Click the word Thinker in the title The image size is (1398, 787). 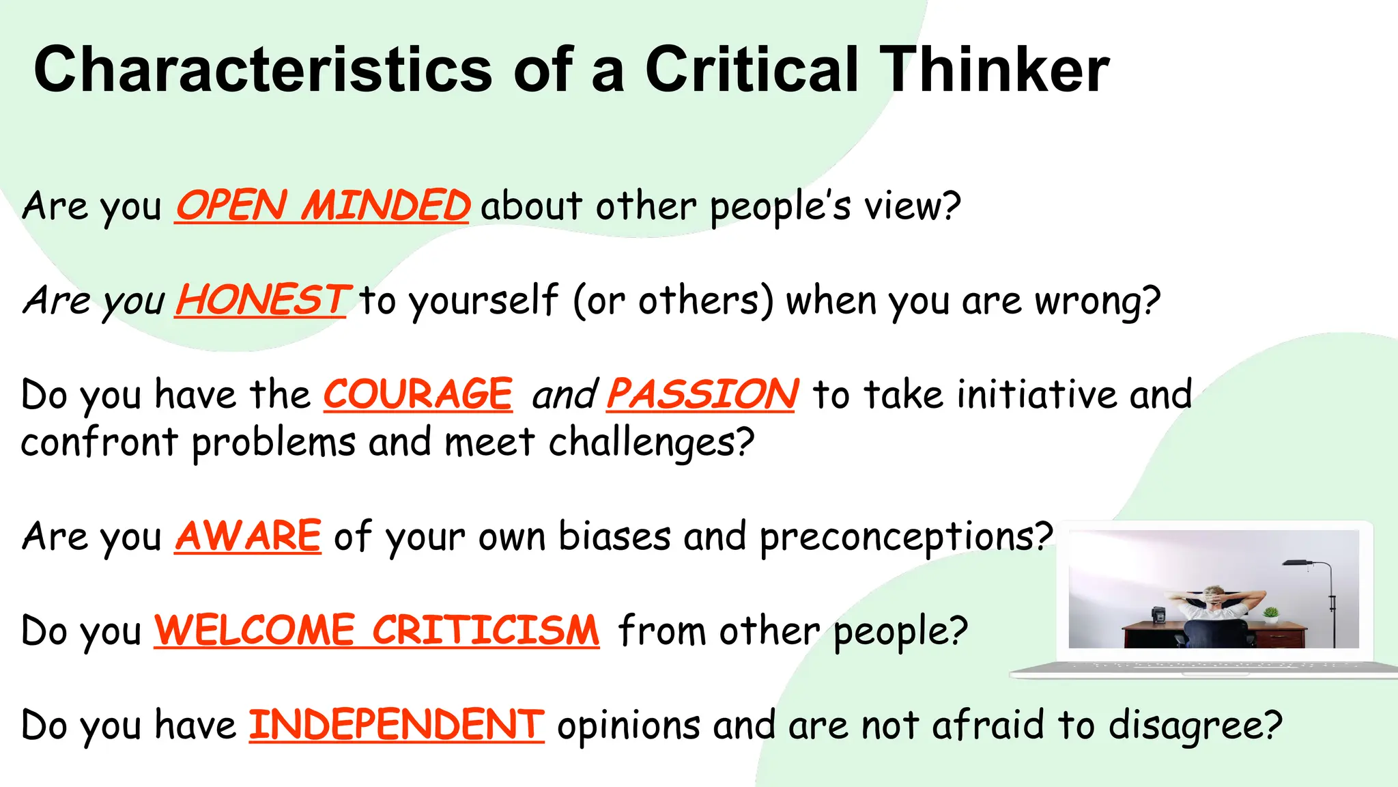[x=994, y=70]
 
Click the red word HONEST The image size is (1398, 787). [x=263, y=300]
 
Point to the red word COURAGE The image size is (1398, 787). [x=418, y=394]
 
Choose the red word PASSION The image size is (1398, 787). [x=702, y=394]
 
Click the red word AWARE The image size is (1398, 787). [x=248, y=536]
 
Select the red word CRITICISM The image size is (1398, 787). [x=485, y=630]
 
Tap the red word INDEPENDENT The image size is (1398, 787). [x=396, y=725]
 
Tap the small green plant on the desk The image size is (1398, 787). [x=1270, y=614]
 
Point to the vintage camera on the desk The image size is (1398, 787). [x=1158, y=616]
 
